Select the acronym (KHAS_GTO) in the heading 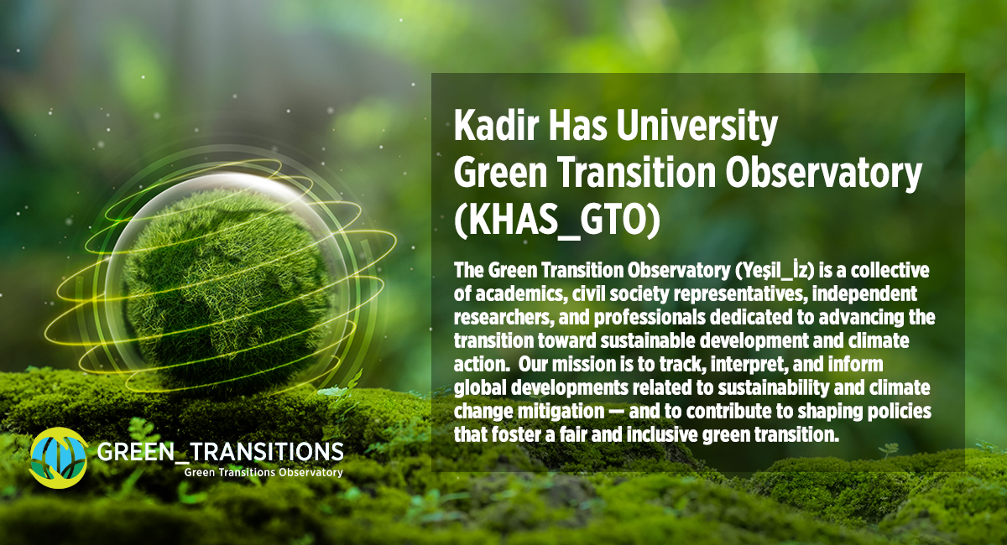557,221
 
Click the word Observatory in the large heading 823,174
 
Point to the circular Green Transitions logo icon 59,458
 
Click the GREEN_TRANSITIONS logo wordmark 220,452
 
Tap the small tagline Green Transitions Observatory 263,473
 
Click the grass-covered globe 225,288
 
